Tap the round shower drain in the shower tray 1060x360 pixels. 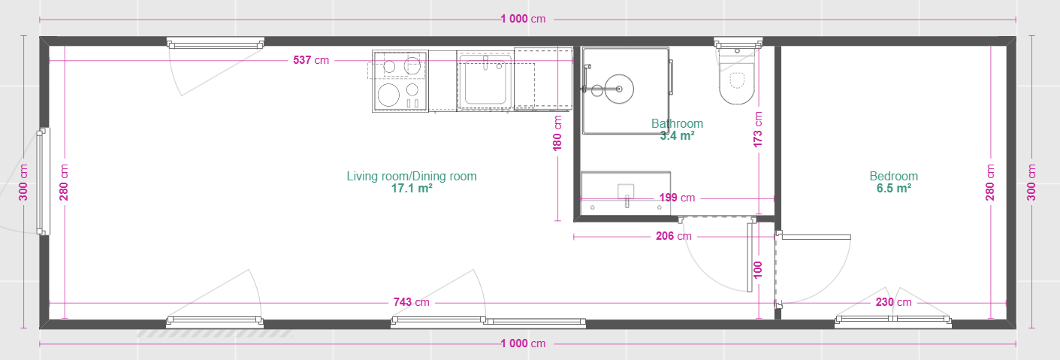click(x=618, y=89)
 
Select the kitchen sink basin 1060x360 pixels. click(x=485, y=81)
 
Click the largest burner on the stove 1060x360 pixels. click(x=388, y=95)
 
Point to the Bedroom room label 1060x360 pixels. click(x=893, y=176)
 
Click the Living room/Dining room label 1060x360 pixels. click(x=411, y=176)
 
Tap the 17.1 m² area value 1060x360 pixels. click(x=411, y=189)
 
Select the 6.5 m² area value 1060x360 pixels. click(x=893, y=189)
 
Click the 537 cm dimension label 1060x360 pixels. click(x=311, y=60)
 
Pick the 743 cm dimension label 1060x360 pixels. click(x=411, y=302)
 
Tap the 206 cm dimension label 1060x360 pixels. click(x=673, y=236)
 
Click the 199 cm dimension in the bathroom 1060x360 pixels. click(x=677, y=198)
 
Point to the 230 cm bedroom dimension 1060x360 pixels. click(x=893, y=302)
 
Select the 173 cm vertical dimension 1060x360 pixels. click(x=758, y=129)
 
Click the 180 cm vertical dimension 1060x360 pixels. click(x=557, y=133)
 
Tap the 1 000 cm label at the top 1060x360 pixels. click(x=523, y=19)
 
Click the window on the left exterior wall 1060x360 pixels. click(x=43, y=181)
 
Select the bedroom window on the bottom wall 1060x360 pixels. click(x=893, y=321)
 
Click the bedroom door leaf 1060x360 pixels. click(x=816, y=237)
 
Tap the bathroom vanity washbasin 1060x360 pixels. click(x=626, y=193)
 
